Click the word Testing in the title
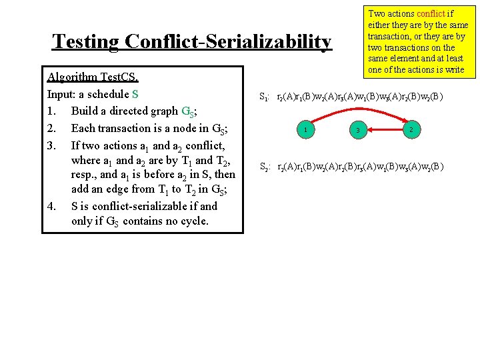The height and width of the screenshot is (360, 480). coord(85,42)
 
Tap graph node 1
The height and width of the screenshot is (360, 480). coord(304,129)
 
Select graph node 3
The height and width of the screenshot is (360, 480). coord(358,130)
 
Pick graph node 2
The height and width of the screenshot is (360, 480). coord(413,129)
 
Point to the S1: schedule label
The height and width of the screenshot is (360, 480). coord(264,97)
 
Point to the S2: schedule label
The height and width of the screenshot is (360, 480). coord(264,167)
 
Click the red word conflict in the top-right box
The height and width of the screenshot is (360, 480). coord(434,13)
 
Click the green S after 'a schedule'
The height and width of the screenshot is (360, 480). coord(135,94)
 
